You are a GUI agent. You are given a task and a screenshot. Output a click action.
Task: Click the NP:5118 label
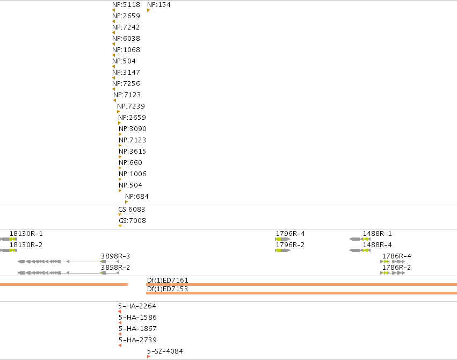point(126,5)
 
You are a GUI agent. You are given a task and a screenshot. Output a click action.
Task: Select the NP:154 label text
point(159,5)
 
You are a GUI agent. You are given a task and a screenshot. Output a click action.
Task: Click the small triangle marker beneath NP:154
point(148,10)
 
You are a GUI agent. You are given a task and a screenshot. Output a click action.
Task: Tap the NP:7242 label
point(126,27)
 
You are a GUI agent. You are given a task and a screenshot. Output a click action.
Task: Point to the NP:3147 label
point(126,73)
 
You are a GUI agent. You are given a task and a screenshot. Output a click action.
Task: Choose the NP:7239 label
point(131,106)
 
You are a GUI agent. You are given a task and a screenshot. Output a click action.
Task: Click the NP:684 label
point(137,197)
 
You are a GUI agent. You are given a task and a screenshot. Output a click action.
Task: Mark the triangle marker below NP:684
point(127,202)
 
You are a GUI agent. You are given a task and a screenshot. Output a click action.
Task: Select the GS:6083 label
point(132,210)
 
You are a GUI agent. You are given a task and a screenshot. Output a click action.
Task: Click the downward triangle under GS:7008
point(120,226)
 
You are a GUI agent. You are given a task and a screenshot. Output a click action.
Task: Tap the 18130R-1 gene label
point(26,234)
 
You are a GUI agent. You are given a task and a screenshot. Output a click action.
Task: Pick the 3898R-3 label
point(115,256)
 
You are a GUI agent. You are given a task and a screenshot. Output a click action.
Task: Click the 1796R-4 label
point(291,234)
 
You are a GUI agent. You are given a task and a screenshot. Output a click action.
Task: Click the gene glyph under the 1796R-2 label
point(282,250)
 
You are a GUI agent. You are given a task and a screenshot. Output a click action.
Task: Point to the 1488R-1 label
point(377,234)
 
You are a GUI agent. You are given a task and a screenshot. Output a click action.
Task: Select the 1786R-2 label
point(396,267)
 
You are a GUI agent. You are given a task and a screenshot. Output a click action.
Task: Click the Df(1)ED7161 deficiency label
point(168,280)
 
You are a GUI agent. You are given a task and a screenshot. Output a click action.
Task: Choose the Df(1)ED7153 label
point(168,289)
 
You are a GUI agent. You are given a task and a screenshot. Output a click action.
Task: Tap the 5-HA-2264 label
point(137,306)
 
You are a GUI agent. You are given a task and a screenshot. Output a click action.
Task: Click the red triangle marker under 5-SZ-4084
point(148,357)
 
